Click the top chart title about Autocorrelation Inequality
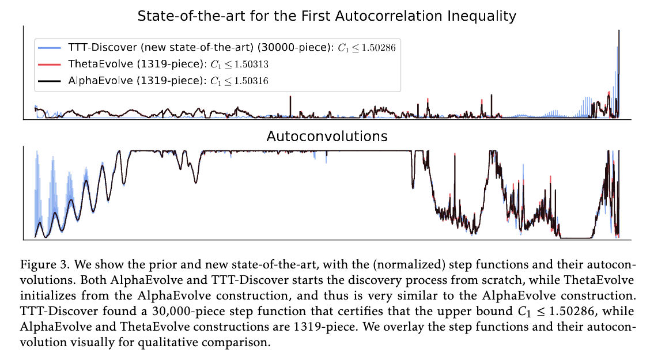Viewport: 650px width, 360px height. (x=327, y=16)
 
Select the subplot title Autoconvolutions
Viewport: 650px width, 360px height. (x=327, y=137)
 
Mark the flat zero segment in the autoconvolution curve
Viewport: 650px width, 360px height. (x=576, y=238)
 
